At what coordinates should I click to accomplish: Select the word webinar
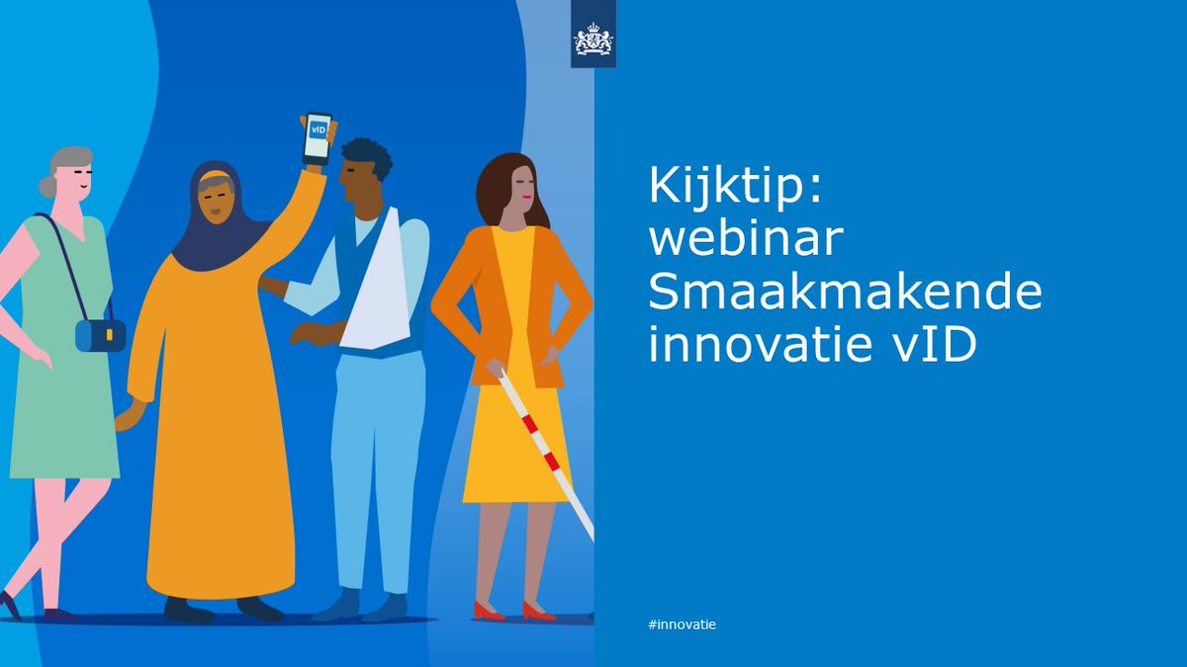[731, 242]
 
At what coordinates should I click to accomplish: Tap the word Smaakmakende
[845, 294]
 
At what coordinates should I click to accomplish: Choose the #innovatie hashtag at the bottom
[682, 625]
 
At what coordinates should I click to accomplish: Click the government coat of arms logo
[593, 41]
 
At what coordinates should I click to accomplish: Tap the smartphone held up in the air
[317, 139]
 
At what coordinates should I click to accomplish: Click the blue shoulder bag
[100, 335]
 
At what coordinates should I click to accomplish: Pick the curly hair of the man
[365, 155]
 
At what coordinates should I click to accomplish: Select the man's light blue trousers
[375, 464]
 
